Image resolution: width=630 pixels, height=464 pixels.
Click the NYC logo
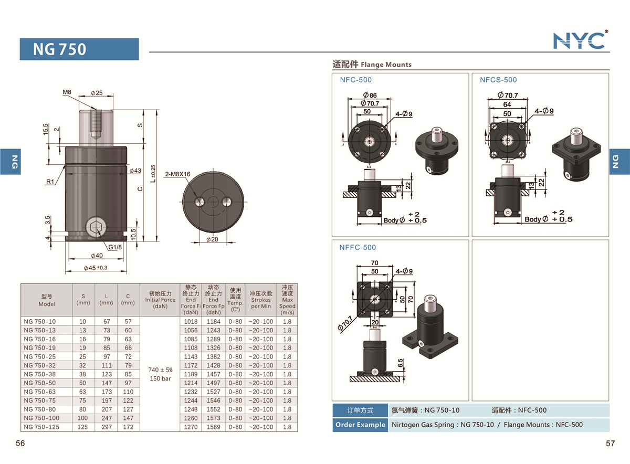tap(580, 40)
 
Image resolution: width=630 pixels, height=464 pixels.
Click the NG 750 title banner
tap(79, 49)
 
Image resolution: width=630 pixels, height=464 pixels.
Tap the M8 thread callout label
tap(67, 92)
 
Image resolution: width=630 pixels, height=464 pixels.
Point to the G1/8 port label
tap(115, 247)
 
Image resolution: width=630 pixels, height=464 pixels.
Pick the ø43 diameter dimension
tap(135, 171)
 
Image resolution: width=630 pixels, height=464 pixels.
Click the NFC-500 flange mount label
tap(356, 80)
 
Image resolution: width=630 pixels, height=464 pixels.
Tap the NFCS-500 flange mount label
tap(498, 80)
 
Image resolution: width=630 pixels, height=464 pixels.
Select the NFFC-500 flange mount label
tap(358, 247)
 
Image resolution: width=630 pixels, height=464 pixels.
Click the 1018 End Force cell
tap(191, 321)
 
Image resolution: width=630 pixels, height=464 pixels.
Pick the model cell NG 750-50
tap(39, 383)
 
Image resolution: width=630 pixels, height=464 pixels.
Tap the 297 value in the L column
tap(106, 427)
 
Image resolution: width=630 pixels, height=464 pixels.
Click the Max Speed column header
tap(287, 300)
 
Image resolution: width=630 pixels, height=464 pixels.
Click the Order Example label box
tap(360, 425)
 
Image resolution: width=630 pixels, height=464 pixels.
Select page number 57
tap(610, 444)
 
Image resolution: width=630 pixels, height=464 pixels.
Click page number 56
tap(20, 444)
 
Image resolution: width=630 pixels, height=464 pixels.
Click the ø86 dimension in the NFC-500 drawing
tap(370, 96)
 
